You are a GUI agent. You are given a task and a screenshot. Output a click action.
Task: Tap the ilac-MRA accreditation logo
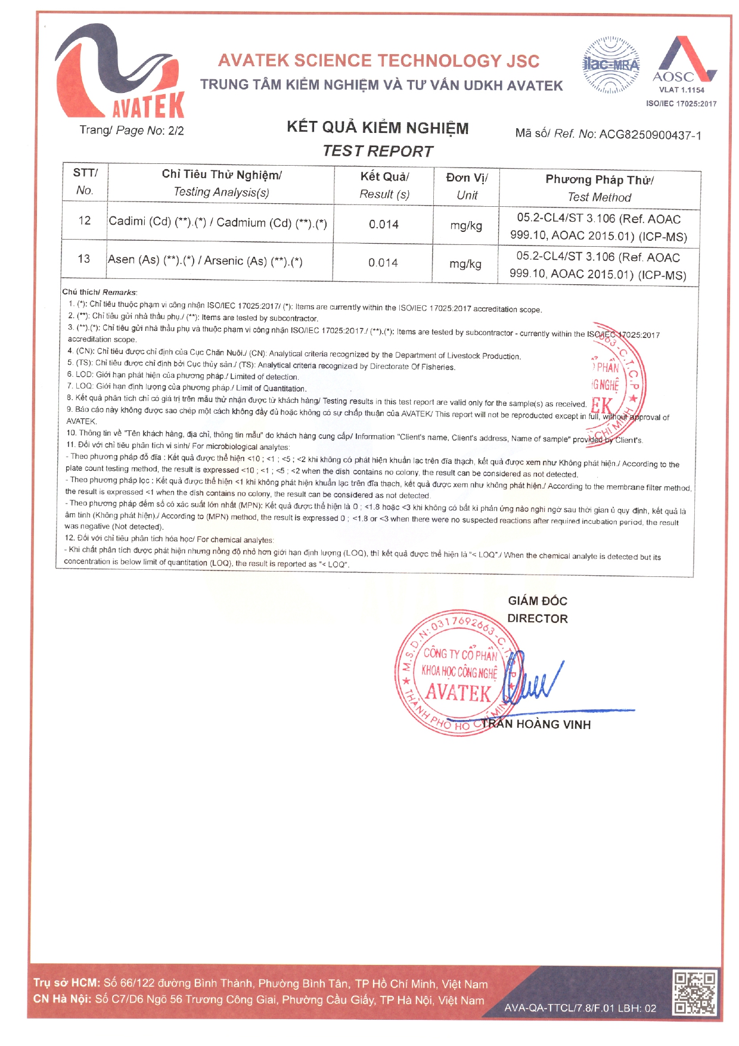[610, 65]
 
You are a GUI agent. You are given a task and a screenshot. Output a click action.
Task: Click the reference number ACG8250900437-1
[650, 135]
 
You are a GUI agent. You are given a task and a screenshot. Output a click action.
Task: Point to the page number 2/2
[176, 131]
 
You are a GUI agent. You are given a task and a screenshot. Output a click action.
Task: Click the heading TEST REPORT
[378, 151]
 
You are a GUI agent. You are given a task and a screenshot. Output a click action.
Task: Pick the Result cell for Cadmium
[383, 225]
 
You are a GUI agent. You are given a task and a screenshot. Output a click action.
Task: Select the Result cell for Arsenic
[383, 263]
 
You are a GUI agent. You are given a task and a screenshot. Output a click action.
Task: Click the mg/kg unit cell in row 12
[466, 225]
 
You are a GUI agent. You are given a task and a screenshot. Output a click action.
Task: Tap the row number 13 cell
[84, 259]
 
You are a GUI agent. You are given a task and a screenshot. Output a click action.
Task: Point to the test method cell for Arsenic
[598, 266]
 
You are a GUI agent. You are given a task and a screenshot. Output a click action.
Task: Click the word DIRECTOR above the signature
[537, 619]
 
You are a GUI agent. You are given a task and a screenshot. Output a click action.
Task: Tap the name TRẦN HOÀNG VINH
[536, 724]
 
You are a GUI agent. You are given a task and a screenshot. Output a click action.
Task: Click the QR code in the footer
[694, 992]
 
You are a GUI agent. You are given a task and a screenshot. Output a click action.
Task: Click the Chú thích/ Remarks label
[100, 292]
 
